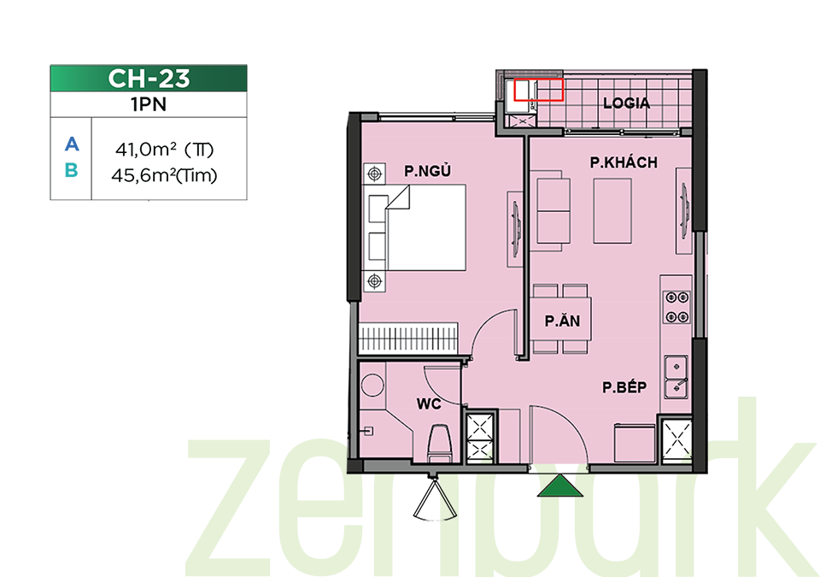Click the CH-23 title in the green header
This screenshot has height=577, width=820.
tap(149, 79)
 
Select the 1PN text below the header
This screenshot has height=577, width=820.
tap(149, 105)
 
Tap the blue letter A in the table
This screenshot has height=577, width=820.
tap(72, 144)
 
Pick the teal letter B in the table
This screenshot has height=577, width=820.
tap(72, 170)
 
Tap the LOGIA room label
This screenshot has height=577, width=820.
tap(626, 103)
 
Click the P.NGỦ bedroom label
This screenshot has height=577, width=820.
tap(427, 171)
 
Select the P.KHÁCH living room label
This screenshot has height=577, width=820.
tap(624, 162)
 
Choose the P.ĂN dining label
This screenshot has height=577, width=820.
tap(562, 320)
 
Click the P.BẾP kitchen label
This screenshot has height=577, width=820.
tap(624, 387)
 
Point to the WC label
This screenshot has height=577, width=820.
tap(429, 403)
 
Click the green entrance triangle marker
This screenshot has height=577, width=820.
tap(560, 486)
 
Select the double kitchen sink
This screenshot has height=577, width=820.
tap(676, 377)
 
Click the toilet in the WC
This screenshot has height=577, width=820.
tap(439, 444)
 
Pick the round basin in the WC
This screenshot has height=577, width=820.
tap(372, 385)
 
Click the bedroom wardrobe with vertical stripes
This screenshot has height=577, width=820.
tap(408, 339)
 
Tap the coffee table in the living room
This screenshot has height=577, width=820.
tap(612, 210)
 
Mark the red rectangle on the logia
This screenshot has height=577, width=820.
tap(539, 90)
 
